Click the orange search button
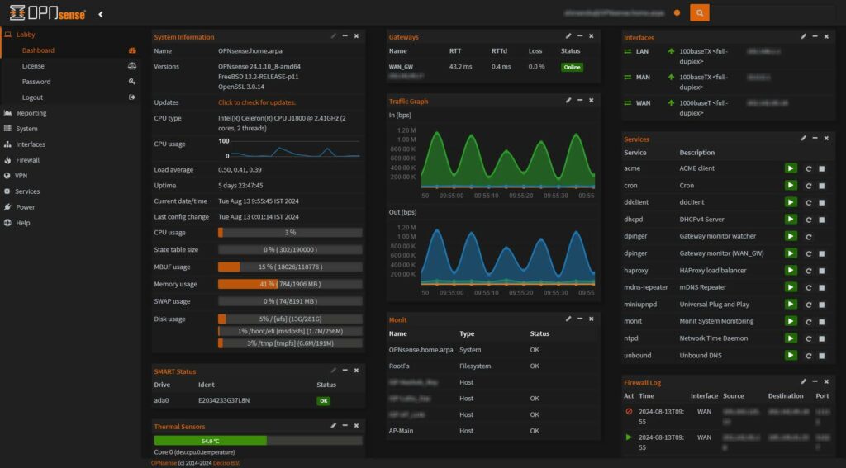[x=699, y=12]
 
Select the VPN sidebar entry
[x=21, y=176]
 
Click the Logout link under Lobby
[x=33, y=97]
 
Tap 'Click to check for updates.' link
[x=257, y=102]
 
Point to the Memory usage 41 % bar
[x=289, y=284]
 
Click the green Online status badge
[x=572, y=67]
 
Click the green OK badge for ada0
[x=323, y=400]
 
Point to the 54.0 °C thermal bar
[x=210, y=441]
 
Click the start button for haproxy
[x=791, y=270]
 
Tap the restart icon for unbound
[x=809, y=356]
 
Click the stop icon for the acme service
[x=822, y=168]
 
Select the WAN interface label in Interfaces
[x=643, y=103]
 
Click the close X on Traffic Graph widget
[x=592, y=101]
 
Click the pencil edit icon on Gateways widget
[x=568, y=36]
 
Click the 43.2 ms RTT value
[x=460, y=66]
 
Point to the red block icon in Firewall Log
[x=629, y=411]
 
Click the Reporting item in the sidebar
[x=31, y=113]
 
